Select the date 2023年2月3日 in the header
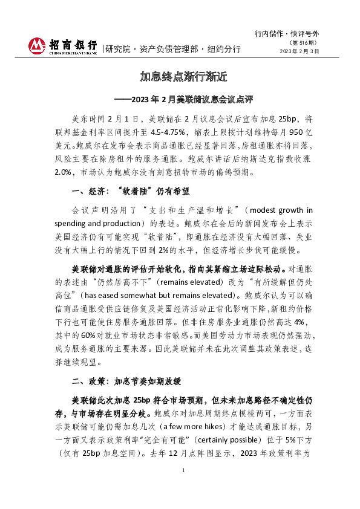coord(299,51)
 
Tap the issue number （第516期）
coord(306,43)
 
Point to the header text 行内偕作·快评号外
coord(290,33)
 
